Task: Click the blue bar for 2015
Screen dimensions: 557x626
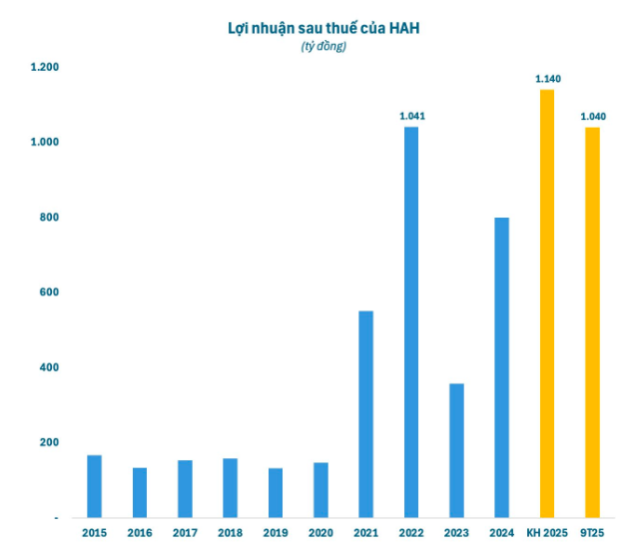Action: (x=94, y=486)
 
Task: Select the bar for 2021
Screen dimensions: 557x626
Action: (x=365, y=414)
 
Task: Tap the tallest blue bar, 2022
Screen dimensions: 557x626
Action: (x=410, y=322)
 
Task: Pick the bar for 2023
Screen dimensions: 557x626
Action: (x=456, y=450)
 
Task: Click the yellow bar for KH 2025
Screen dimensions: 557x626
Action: (x=546, y=303)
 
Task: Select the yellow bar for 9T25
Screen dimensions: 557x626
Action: (x=592, y=322)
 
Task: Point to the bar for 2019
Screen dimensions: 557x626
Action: (x=275, y=492)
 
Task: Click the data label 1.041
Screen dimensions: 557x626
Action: (x=412, y=116)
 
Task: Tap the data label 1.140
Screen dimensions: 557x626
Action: (x=548, y=78)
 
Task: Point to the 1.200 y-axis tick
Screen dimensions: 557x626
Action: (x=44, y=67)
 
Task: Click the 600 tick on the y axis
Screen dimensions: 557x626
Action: (x=49, y=292)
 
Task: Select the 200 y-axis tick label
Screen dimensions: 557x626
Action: (x=49, y=442)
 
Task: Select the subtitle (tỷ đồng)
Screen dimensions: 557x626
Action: (x=322, y=47)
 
